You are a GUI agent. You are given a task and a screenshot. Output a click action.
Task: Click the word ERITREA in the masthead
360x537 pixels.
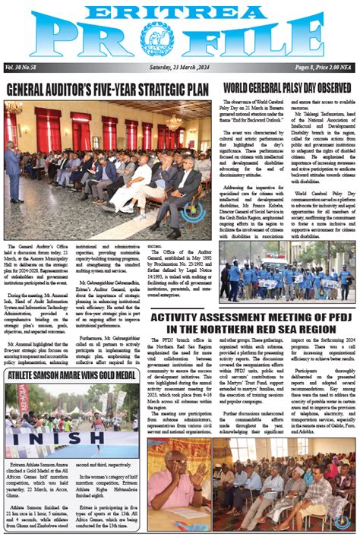180,11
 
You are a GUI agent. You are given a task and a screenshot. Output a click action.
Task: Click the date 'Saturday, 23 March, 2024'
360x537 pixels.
179,69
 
